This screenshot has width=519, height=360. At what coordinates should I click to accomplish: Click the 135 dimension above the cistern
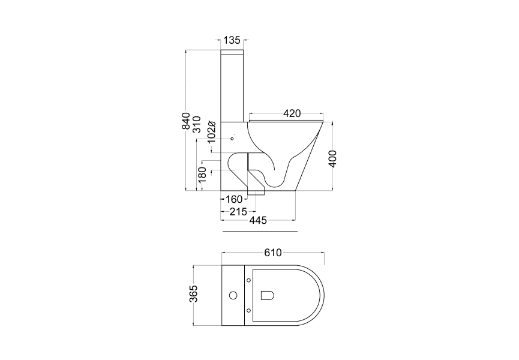click(232, 40)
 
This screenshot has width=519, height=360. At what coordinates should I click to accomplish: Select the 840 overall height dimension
click(186, 121)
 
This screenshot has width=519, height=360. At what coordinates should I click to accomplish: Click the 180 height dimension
click(203, 174)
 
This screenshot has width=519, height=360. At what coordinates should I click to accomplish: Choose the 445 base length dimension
click(258, 221)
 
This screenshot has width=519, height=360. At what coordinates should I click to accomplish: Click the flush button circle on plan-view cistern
click(233, 295)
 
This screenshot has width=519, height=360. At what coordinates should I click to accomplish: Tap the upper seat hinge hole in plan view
click(249, 279)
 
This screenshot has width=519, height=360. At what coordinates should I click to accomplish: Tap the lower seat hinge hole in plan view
click(249, 310)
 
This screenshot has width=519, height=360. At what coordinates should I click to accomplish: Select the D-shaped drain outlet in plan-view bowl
click(268, 295)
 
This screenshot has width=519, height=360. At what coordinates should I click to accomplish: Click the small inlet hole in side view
click(232, 139)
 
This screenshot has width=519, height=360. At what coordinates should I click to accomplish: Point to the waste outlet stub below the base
click(257, 193)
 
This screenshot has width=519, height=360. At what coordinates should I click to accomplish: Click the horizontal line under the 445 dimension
click(259, 230)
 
